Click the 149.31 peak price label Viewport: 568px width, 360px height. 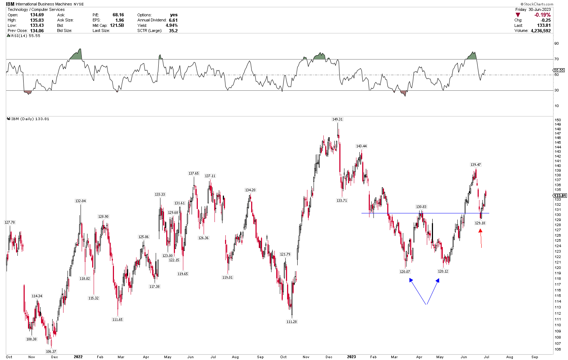338,119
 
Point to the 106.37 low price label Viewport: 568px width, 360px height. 51,351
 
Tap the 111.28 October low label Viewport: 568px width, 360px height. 291,322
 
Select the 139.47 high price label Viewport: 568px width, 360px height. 476,164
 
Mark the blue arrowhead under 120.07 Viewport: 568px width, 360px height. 411,280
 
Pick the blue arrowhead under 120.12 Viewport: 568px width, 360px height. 438,280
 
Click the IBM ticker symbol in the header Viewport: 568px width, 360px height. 10,4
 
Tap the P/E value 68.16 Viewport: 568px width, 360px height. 118,15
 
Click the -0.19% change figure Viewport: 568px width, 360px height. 542,15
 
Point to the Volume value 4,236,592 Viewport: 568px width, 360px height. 540,30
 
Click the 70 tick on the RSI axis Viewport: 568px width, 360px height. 556,59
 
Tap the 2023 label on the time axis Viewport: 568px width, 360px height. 351,357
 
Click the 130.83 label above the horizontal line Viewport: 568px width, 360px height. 421,206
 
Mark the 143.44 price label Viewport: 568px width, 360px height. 361,146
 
